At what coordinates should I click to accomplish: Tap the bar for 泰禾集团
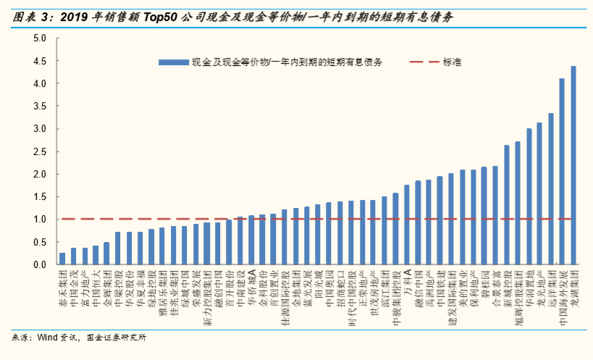(62, 259)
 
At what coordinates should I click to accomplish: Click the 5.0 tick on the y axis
(40, 38)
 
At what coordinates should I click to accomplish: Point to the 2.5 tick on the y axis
(40, 151)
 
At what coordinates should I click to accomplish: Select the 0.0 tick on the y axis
(40, 265)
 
